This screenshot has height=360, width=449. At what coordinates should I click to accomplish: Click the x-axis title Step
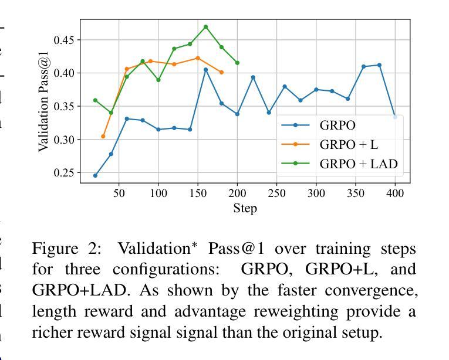click(245, 208)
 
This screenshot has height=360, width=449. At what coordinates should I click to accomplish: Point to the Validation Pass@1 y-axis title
click(43, 101)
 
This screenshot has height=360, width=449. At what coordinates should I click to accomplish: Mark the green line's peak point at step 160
click(205, 27)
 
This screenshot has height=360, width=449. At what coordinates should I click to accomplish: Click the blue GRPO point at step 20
click(95, 175)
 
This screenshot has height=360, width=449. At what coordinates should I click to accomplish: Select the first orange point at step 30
click(103, 137)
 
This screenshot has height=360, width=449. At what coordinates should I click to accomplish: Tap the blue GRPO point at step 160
click(205, 70)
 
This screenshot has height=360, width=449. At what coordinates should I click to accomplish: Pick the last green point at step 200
click(237, 63)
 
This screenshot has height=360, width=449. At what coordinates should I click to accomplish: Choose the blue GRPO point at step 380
click(379, 65)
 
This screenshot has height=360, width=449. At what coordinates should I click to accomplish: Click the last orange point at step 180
click(221, 72)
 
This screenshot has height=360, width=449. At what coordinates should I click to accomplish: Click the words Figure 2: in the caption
click(66, 249)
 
